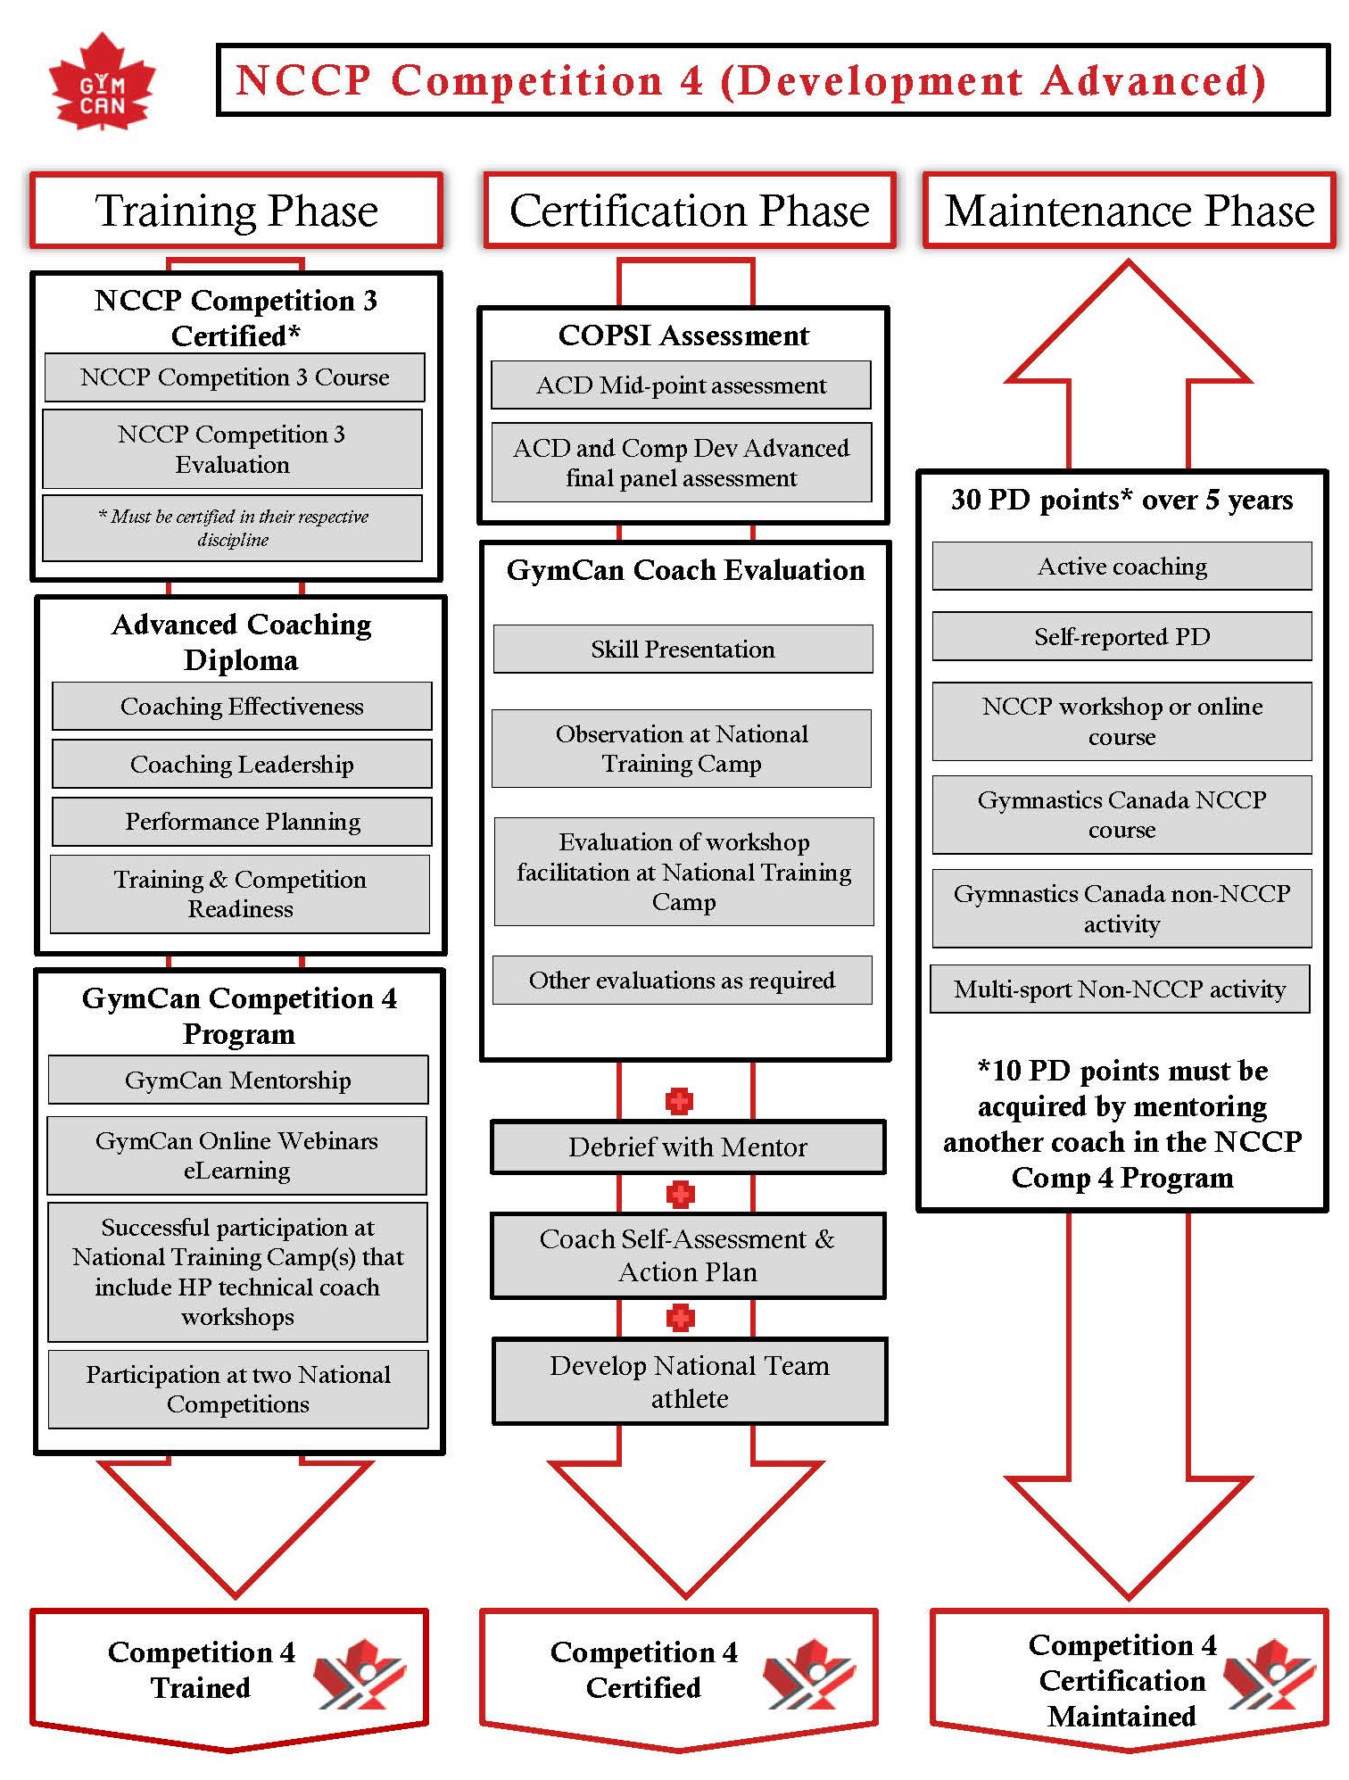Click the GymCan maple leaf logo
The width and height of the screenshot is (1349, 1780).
[x=102, y=83]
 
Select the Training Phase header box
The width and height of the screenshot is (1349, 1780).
[x=236, y=211]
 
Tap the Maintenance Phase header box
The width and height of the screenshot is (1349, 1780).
[x=1129, y=211]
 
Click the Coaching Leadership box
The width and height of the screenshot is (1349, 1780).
[x=242, y=764]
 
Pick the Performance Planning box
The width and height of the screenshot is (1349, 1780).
[x=242, y=821]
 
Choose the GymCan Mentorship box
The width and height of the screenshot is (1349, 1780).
[x=237, y=1080]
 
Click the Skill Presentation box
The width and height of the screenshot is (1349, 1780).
[x=683, y=649]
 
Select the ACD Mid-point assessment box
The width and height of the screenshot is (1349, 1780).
[x=681, y=385]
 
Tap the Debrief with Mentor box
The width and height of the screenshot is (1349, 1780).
[x=688, y=1147]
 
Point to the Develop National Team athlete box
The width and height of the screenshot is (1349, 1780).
[x=690, y=1381]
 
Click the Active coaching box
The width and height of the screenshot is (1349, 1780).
[x=1121, y=566]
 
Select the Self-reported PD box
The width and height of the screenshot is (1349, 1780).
[x=1121, y=636]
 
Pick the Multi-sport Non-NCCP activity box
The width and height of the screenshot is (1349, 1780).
[x=1120, y=989]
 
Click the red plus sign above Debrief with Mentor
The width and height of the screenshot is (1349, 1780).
[x=679, y=1101]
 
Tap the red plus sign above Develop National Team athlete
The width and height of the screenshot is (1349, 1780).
[x=680, y=1318]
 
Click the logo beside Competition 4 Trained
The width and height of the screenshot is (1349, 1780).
[x=359, y=1674]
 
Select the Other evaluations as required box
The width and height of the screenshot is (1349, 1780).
[x=682, y=981]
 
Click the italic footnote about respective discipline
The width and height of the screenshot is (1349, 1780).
[x=233, y=528]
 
